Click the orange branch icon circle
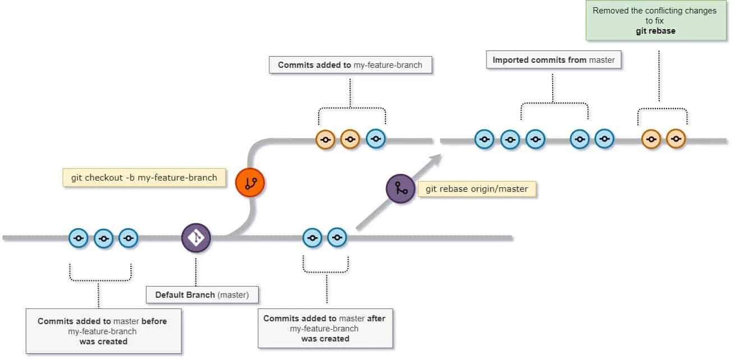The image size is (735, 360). click(250, 182)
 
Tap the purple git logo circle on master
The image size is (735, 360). click(196, 238)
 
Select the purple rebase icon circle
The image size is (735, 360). click(401, 188)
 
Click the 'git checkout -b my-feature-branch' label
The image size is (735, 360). click(144, 177)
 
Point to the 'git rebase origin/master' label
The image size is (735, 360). click(477, 189)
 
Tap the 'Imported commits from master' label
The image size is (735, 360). click(554, 60)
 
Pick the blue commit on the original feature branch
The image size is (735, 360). click(376, 139)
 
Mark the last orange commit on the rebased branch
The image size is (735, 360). click(676, 139)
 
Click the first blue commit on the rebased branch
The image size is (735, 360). click(484, 139)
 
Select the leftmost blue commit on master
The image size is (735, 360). click(79, 238)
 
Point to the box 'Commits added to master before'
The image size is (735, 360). click(103, 331)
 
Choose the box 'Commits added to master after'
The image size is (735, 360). click(325, 328)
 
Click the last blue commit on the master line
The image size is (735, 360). click(337, 238)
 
